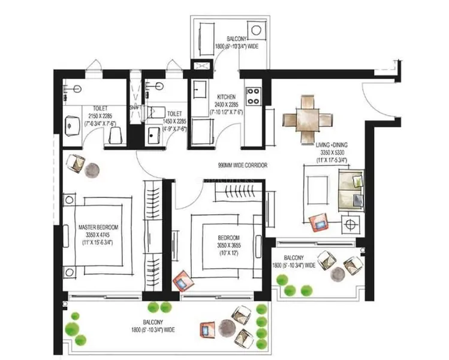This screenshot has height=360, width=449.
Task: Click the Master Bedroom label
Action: [98, 235]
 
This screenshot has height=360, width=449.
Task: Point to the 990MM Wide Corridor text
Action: [242, 165]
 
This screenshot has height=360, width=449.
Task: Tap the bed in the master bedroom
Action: [99, 234]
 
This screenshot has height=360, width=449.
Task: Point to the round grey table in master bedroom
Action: [93, 170]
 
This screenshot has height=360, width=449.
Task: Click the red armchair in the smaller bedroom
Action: [182, 280]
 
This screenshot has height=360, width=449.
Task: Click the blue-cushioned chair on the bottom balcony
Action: [207, 329]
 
